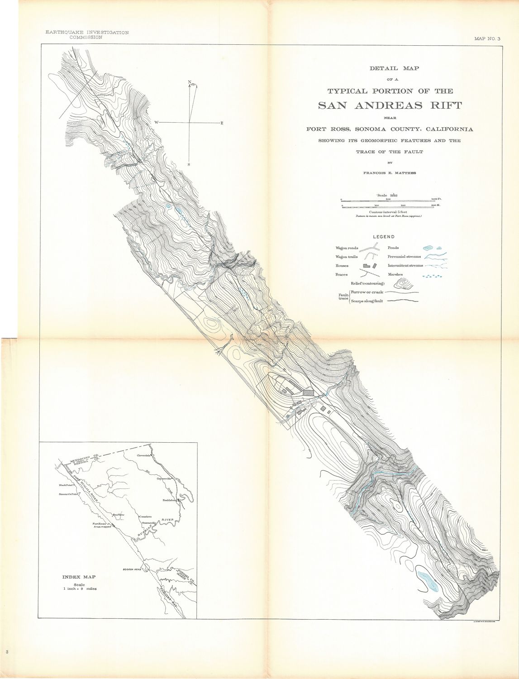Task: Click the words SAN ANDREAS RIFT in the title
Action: click(x=390, y=105)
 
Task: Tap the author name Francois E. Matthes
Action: click(x=390, y=173)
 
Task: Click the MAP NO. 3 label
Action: click(x=487, y=39)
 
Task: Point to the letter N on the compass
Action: click(x=189, y=82)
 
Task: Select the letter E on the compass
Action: click(x=222, y=123)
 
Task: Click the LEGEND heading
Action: click(x=384, y=237)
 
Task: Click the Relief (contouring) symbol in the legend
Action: click(x=404, y=284)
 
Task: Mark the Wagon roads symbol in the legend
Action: click(x=372, y=248)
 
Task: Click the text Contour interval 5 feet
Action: click(x=388, y=212)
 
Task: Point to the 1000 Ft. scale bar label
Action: click(x=436, y=199)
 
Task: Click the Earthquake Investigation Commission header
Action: click(x=84, y=35)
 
